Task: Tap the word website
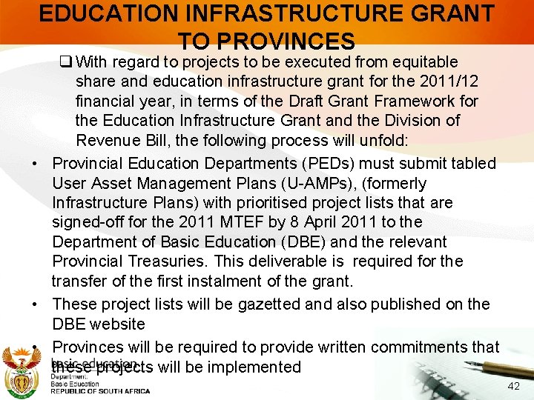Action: pyautogui.click(x=116, y=324)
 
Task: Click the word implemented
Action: pyautogui.click(x=245, y=367)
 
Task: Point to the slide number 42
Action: pyautogui.click(x=513, y=386)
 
